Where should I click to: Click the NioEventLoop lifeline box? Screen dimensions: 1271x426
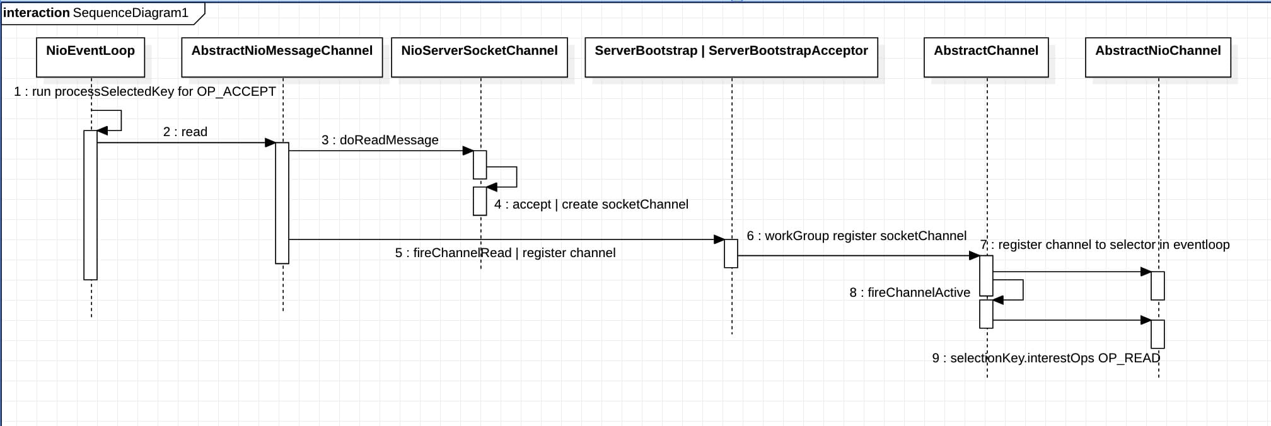tap(90, 57)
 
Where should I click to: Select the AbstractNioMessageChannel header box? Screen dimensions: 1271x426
tap(282, 57)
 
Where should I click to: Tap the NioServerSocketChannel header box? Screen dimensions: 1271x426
tap(479, 57)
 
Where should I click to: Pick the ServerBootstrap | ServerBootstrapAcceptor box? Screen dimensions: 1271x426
tap(731, 57)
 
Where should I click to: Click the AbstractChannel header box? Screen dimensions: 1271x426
tap(986, 57)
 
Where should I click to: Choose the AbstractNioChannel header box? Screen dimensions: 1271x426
tap(1158, 57)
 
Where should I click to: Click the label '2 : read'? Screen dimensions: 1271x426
tap(185, 132)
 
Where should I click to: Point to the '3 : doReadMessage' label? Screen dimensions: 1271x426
tap(380, 140)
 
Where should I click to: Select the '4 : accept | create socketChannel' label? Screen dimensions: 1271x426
tap(591, 204)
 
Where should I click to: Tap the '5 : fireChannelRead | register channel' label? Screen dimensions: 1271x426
tap(506, 253)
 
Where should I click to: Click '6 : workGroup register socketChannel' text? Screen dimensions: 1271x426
tap(857, 236)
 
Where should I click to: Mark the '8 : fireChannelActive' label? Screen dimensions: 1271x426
tap(910, 292)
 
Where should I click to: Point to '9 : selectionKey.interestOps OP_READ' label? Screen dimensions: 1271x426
tap(1046, 358)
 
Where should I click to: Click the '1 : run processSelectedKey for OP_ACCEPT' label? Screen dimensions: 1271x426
tap(145, 91)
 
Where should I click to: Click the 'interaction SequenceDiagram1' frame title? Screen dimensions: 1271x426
tap(96, 13)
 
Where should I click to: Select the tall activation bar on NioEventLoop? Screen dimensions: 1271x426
tap(91, 205)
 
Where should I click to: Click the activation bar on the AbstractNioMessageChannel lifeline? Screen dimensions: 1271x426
tap(282, 203)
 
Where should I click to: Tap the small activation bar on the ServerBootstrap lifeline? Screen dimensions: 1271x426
tap(731, 253)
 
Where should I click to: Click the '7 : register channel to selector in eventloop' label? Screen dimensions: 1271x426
tap(1105, 245)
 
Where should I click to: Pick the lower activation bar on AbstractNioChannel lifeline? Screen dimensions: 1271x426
tap(1158, 334)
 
